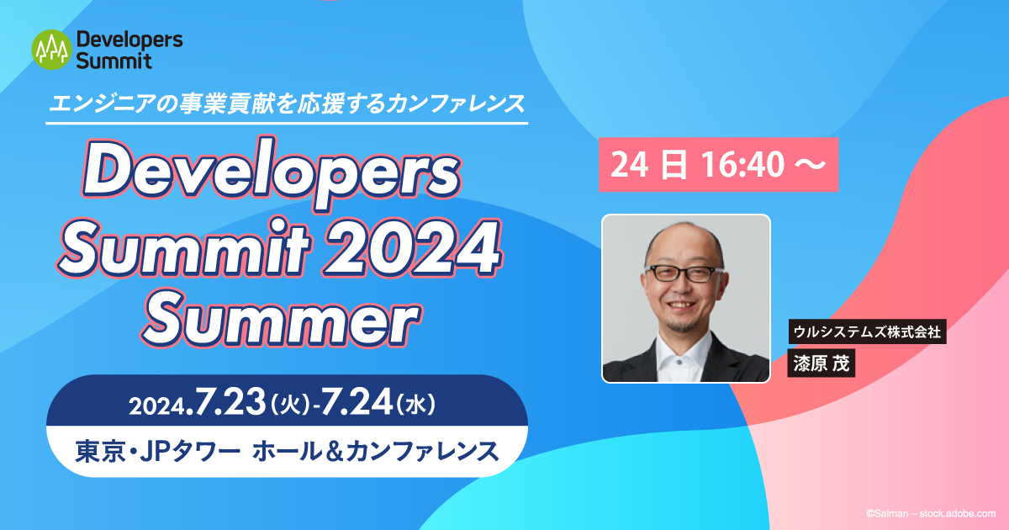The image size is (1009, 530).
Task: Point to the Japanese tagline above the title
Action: pyautogui.click(x=288, y=103)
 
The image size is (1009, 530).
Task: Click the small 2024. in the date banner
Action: pyautogui.click(x=161, y=407)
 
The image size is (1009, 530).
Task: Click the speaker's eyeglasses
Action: pyautogui.click(x=684, y=273)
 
